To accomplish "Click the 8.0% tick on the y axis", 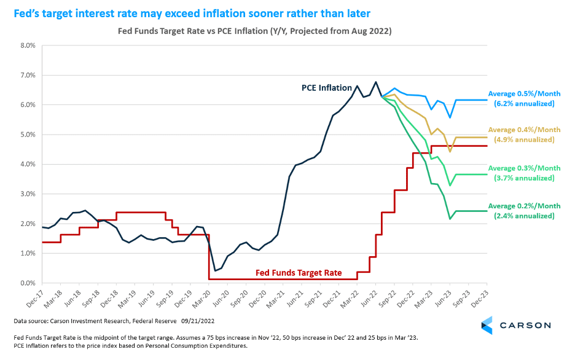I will click(x=28, y=45).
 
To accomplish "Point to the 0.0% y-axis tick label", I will click(x=28, y=283).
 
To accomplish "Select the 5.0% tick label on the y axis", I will click(x=28, y=135).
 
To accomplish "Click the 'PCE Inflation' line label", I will click(x=326, y=88).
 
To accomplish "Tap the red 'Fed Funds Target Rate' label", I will click(x=299, y=273).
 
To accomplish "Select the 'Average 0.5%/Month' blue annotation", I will click(x=525, y=94).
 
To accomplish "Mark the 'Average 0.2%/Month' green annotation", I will click(x=525, y=206).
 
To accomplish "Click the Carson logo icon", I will click(x=487, y=325).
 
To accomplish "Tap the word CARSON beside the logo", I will click(x=525, y=325).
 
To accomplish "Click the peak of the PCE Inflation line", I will click(x=376, y=82).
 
